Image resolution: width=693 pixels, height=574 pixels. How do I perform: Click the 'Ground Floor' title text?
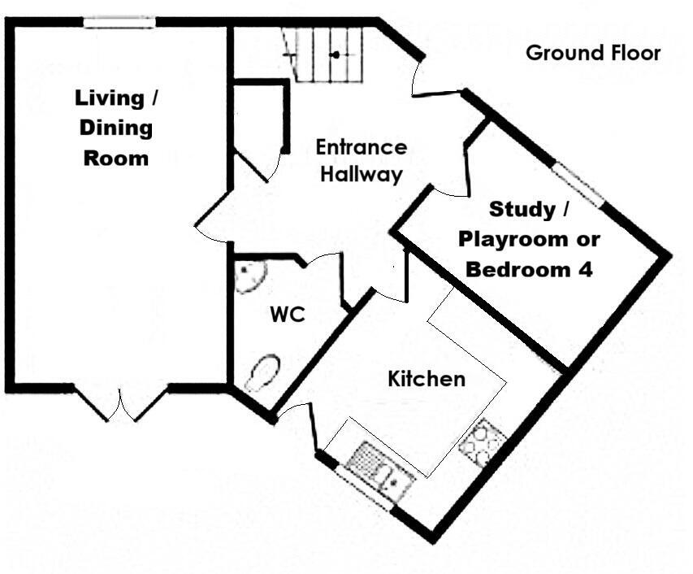pos(593,54)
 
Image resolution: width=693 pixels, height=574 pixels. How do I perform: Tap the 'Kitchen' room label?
pos(427,379)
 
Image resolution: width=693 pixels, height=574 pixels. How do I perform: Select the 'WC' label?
pos(288,315)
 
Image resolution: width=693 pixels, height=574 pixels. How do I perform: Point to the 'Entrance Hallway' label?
pos(361,161)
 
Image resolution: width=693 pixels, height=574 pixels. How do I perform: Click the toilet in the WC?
pos(262,374)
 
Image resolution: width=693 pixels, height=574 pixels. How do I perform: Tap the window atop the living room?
pos(119,24)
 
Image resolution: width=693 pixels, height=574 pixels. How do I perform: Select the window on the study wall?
pos(578,185)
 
